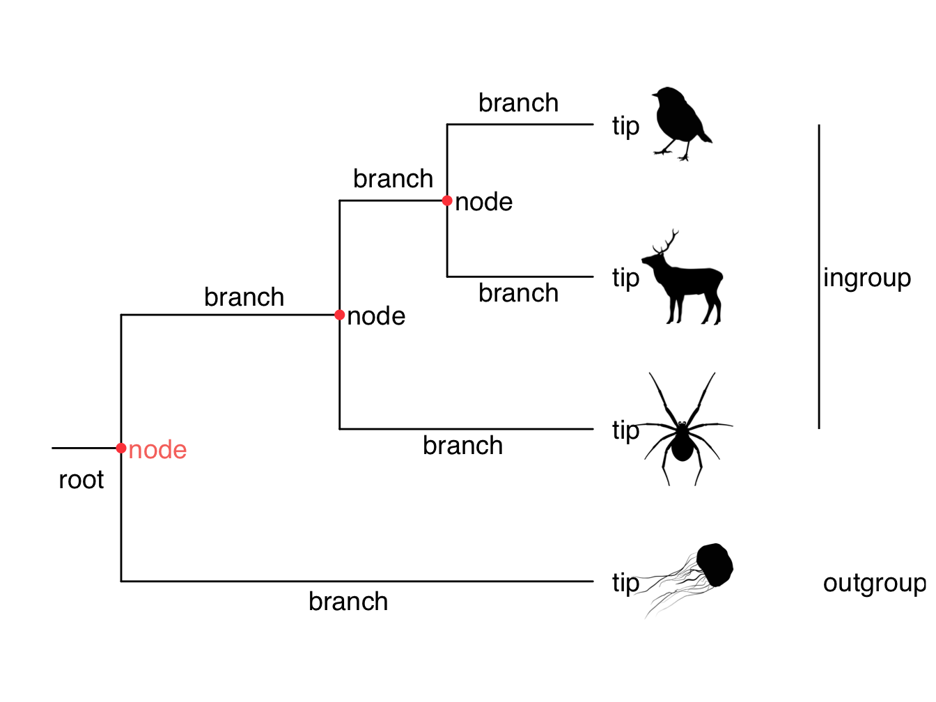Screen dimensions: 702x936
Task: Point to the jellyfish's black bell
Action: (x=715, y=565)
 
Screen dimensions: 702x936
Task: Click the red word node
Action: (x=157, y=450)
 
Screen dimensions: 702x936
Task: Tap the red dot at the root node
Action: (x=121, y=448)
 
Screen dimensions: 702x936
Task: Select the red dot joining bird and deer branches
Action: (x=447, y=201)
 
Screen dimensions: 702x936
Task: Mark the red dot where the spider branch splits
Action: (x=340, y=315)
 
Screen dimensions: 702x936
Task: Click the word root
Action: (x=81, y=480)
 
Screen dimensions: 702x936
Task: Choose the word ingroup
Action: (x=866, y=278)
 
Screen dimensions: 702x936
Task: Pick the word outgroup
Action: (x=874, y=583)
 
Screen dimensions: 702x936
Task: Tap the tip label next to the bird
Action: (x=625, y=126)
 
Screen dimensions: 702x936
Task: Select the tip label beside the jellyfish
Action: (x=625, y=583)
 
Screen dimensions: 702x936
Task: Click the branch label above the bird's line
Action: (x=518, y=103)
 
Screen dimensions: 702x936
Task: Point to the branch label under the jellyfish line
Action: (x=348, y=602)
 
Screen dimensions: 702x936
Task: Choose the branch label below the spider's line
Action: (x=462, y=446)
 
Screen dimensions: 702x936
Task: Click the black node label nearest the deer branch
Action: (x=483, y=202)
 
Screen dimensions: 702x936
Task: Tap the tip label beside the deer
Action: (x=625, y=278)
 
